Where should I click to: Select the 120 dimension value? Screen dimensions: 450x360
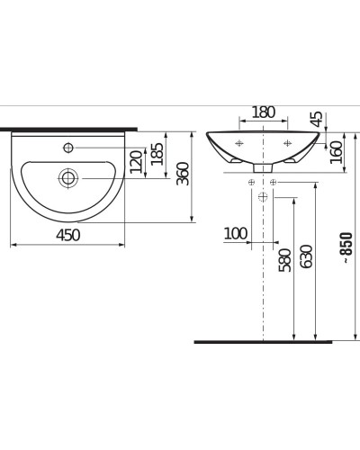(137, 164)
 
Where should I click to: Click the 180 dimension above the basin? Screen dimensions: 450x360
(262, 112)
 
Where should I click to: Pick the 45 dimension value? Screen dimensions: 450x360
(316, 119)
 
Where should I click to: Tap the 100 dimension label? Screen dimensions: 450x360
(235, 234)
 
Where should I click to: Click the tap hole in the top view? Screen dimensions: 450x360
(68, 146)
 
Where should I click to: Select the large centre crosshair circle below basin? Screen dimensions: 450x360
(262, 195)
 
